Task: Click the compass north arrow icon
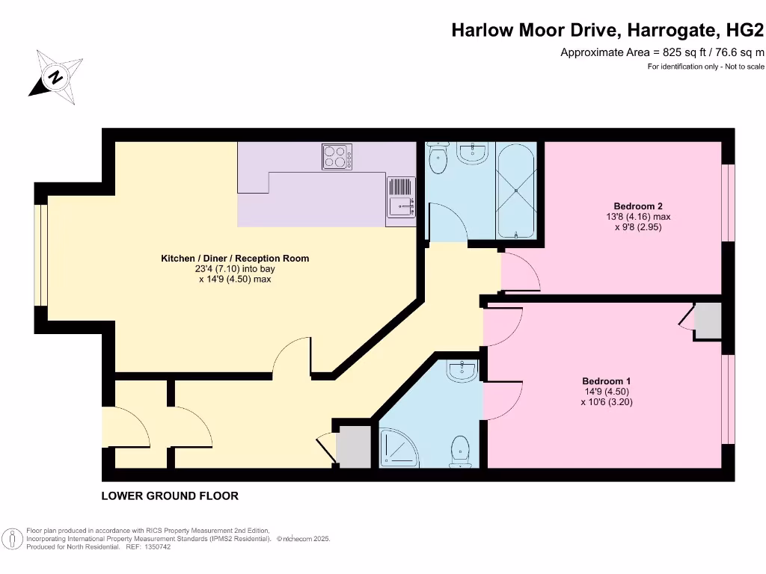click(x=55, y=77)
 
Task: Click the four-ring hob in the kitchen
click(x=338, y=156)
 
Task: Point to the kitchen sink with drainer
click(x=401, y=198)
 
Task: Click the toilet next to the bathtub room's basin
click(x=438, y=158)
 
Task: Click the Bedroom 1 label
click(x=606, y=380)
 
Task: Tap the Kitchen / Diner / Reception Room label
click(x=235, y=259)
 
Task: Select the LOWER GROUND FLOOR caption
click(x=170, y=496)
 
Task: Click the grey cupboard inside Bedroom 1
click(x=707, y=322)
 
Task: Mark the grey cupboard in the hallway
click(x=353, y=446)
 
